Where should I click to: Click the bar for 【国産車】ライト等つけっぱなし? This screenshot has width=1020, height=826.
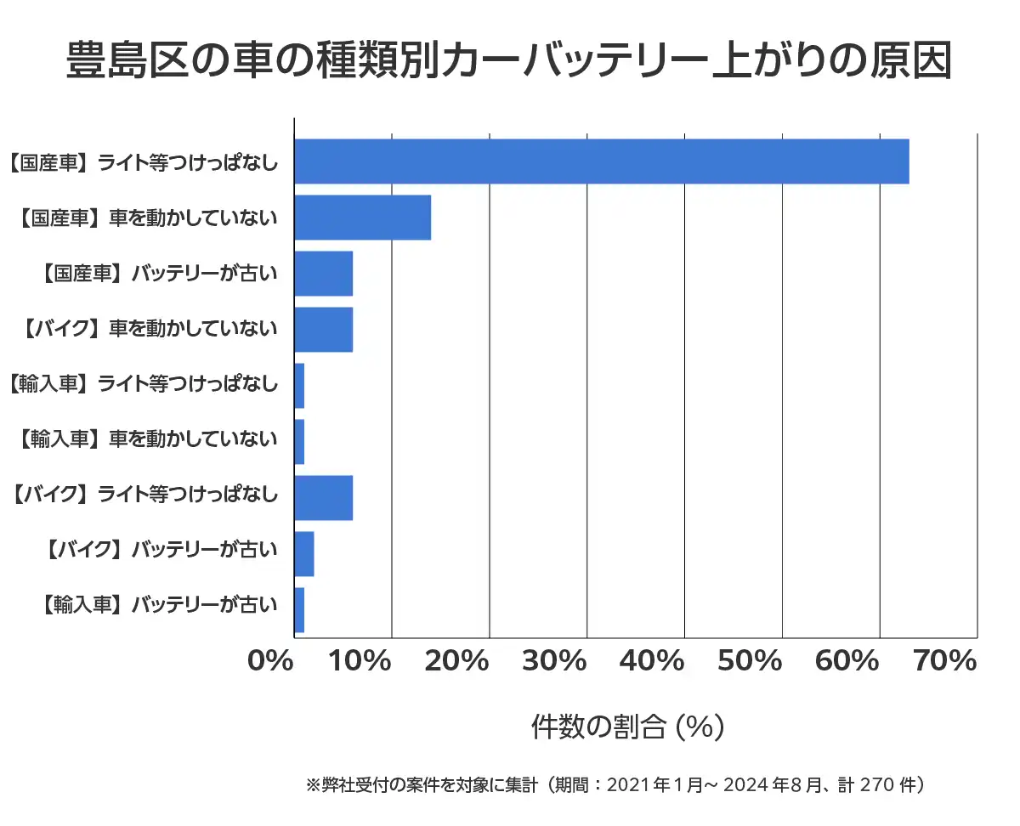click(x=601, y=161)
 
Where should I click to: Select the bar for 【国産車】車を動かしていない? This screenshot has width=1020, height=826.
click(x=362, y=218)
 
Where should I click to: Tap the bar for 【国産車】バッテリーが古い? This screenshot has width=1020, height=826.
click(x=323, y=274)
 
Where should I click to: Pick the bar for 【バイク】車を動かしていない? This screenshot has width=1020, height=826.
click(x=323, y=330)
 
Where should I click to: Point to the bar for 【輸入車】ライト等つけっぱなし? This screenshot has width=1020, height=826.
click(x=299, y=386)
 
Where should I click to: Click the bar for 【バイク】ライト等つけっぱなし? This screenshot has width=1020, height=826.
click(x=323, y=498)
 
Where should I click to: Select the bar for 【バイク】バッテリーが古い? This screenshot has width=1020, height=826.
click(x=303, y=554)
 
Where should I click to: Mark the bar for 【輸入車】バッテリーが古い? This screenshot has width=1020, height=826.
click(x=299, y=610)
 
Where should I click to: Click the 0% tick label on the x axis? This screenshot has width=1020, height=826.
click(x=270, y=661)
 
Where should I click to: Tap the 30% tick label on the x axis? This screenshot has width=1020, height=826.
click(x=554, y=661)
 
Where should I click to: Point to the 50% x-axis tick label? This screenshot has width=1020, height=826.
click(x=750, y=661)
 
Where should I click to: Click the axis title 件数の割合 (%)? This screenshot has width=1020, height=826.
click(x=627, y=727)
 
